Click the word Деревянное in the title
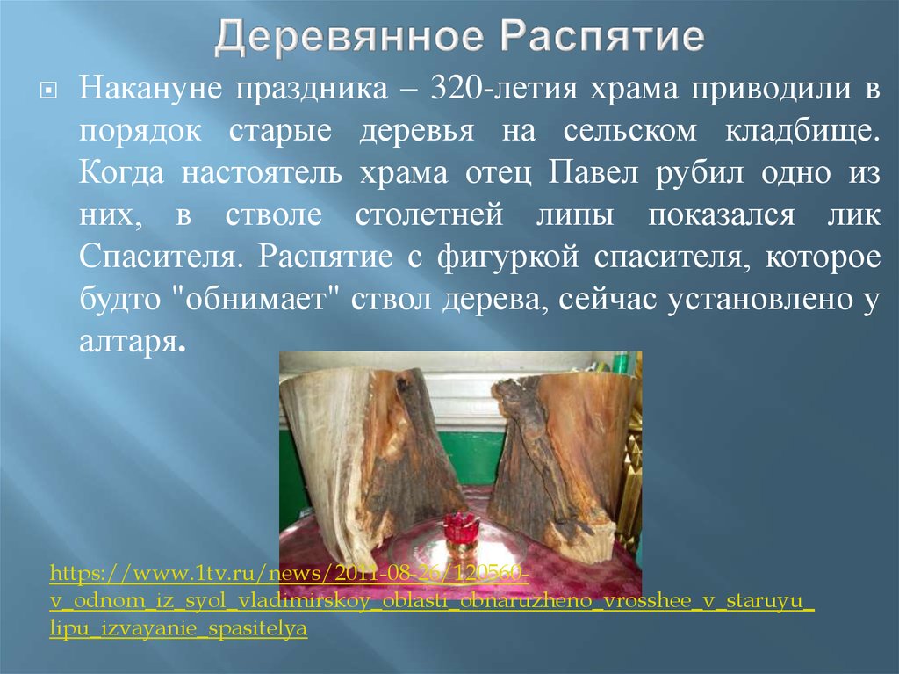coord(351,40)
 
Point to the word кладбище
coord(800,131)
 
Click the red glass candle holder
coord(457,532)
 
